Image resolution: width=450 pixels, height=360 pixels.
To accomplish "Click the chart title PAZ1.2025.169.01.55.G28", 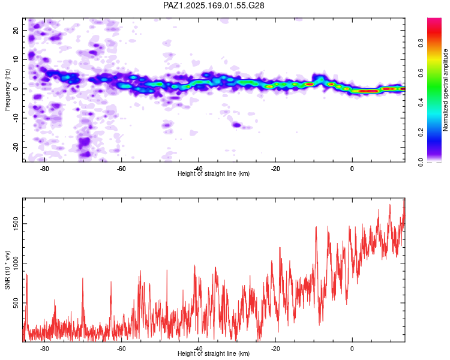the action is pos(214,5).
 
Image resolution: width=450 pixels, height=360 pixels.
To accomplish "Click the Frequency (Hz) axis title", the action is pos(7,90).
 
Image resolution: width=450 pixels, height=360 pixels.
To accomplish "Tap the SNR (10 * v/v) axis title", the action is pos(7,270).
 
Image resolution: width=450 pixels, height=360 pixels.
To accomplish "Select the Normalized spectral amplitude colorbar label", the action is pos(445,90).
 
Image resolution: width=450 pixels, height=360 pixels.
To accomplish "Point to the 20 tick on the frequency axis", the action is pos(16,30).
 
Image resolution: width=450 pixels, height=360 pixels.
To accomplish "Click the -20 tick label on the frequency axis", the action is pos(16,148).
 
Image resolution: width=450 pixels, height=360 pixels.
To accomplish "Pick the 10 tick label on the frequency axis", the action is pos(16,59).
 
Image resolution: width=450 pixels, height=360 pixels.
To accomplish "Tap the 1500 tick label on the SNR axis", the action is pos(16,224).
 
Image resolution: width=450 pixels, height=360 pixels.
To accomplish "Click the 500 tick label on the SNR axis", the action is pos(16,303).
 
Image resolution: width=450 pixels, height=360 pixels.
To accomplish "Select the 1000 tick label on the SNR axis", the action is pos(16,263).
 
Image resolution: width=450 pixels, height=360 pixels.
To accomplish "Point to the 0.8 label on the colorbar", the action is pos(421,43).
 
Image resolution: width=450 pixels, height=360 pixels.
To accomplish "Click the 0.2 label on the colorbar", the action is pos(421,132).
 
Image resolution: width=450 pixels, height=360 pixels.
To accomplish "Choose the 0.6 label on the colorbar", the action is pos(421,73).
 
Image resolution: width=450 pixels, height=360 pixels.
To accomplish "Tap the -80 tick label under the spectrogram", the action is pos(44,169).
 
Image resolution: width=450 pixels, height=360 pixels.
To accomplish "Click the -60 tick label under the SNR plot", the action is pos(121,349).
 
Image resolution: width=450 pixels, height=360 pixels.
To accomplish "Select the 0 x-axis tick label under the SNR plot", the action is pos(352,349).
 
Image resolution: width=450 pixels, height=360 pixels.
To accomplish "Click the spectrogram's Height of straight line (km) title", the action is pos(214,173).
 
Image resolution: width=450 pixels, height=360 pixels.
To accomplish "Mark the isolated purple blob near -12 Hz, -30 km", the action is pos(236,125).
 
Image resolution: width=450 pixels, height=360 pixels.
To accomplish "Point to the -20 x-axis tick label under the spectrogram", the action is pos(275,169).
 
